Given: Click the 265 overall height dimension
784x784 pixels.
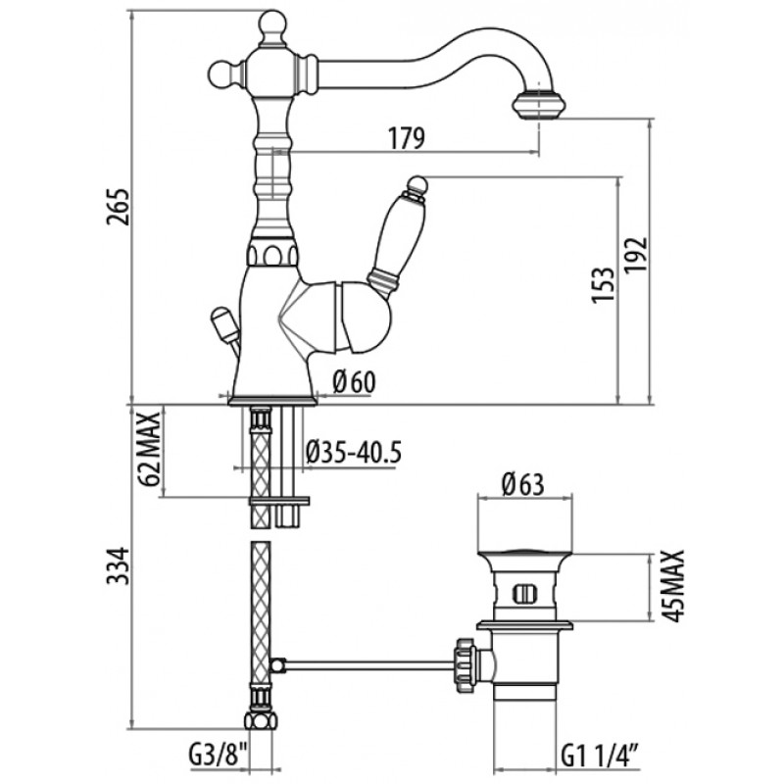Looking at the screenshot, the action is pos(118,207).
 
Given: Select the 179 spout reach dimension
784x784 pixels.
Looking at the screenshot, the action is pos(407,138).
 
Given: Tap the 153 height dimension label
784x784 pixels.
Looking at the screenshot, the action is pos(602,284).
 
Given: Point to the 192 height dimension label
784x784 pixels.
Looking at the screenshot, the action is pos(635,255).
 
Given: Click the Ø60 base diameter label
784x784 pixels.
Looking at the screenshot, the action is pos(354,382).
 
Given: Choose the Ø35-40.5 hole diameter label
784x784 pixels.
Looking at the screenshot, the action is pos(354,452).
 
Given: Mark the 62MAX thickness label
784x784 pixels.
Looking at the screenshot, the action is pos(150,449).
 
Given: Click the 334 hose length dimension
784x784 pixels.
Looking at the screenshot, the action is pos(118,566).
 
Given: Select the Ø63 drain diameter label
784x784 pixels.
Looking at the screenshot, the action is pos(522,484).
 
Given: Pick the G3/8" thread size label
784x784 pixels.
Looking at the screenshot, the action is pos(219,756).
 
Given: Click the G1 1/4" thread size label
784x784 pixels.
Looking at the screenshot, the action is pos(600,756).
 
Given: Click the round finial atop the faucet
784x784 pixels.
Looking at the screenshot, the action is pos(273,24).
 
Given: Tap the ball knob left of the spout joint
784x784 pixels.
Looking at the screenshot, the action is pos(221,73).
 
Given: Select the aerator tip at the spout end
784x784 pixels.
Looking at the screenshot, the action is pos(539,105).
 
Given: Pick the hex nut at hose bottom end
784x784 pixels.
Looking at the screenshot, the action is pos(261,721).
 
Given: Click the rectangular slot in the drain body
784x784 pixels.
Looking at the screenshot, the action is pos(524,594).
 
